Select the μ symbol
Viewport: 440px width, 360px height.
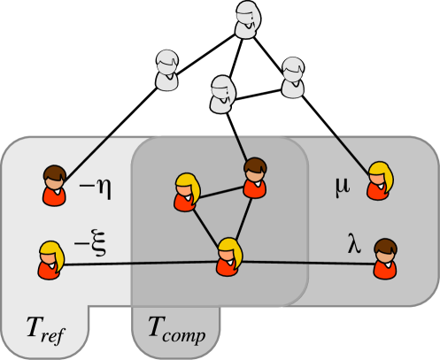[342, 188]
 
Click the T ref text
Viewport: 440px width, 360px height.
[43, 331]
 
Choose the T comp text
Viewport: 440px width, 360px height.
[174, 334]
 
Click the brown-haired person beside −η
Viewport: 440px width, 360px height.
[56, 185]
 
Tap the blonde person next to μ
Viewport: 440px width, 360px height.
[381, 180]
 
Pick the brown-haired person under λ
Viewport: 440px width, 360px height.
[384, 258]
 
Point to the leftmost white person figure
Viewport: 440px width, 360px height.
[167, 71]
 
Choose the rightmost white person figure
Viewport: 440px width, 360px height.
[293, 77]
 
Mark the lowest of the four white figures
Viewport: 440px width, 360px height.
[223, 94]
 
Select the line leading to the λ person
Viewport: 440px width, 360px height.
[310, 262]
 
